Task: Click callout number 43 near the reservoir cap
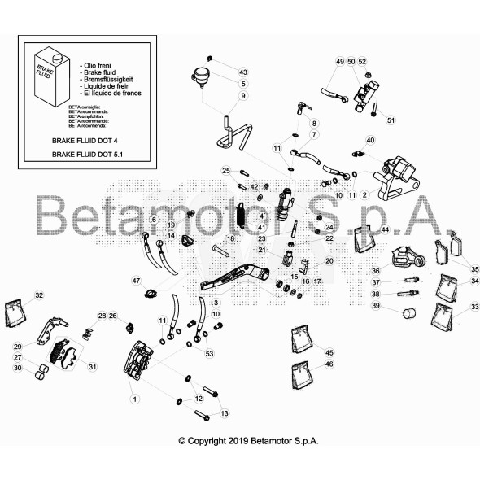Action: pos(243,72)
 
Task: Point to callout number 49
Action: pos(340,62)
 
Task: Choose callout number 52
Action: pos(363,62)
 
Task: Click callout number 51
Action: pos(391,120)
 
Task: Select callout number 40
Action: pos(370,140)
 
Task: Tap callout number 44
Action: pos(385,230)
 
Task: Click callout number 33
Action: pos(475,307)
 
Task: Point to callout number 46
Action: pos(329,364)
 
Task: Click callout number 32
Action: pos(39,295)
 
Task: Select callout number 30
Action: pos(18,369)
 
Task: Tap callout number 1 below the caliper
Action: pos(134,399)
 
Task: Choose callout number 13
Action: pos(225,413)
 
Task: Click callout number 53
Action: pos(209,354)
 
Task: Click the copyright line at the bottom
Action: pos(248,440)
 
